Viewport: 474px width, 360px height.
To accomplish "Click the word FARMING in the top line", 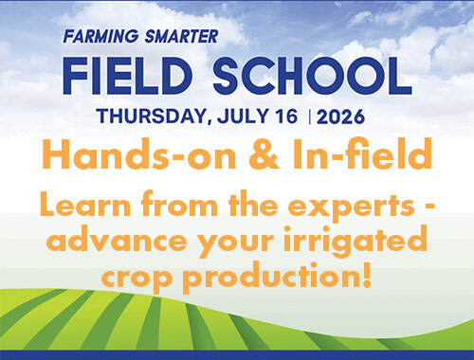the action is click(x=100, y=36).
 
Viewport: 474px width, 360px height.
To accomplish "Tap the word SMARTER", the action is click(x=181, y=36).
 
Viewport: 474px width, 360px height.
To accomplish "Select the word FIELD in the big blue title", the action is click(x=128, y=76).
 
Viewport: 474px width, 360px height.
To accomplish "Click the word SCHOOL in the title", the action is click(x=312, y=76).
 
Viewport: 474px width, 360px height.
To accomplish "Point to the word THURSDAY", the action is click(x=152, y=117).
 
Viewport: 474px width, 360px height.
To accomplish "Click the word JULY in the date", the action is click(x=243, y=117).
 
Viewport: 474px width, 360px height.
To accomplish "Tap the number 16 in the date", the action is click(x=286, y=117).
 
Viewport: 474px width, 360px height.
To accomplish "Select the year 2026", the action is click(x=340, y=117).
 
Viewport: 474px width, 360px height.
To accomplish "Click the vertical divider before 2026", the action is click(x=309, y=117).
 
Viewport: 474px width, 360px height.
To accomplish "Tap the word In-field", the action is click(x=362, y=153).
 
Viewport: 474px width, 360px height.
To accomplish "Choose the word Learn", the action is click(x=85, y=205).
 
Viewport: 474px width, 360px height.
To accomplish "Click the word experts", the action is click(x=351, y=207).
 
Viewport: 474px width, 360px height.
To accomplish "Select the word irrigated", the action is click(x=355, y=242).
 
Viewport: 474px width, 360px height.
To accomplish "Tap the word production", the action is click(x=270, y=275).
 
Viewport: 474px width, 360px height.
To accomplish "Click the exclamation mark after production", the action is click(x=367, y=275).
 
